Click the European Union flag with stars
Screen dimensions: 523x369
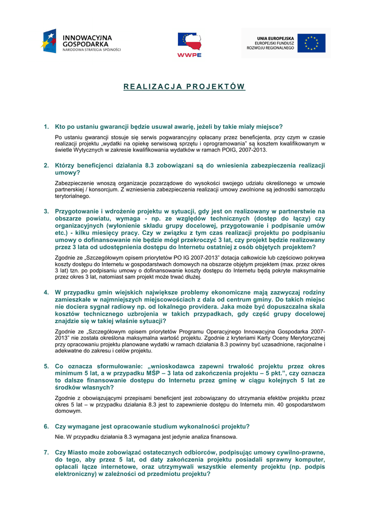[x=311, y=43]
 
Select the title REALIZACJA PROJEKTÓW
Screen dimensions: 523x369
[x=184, y=87]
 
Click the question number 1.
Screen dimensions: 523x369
[x=46, y=127]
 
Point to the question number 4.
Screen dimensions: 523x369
[x=46, y=293]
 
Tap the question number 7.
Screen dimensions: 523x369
[x=46, y=453]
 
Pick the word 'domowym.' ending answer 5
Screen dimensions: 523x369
[x=68, y=411]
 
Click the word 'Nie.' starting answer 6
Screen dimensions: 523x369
[x=60, y=437]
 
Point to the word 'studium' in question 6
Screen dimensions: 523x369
[x=164, y=426]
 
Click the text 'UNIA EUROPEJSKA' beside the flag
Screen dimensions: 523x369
[x=275, y=38]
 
